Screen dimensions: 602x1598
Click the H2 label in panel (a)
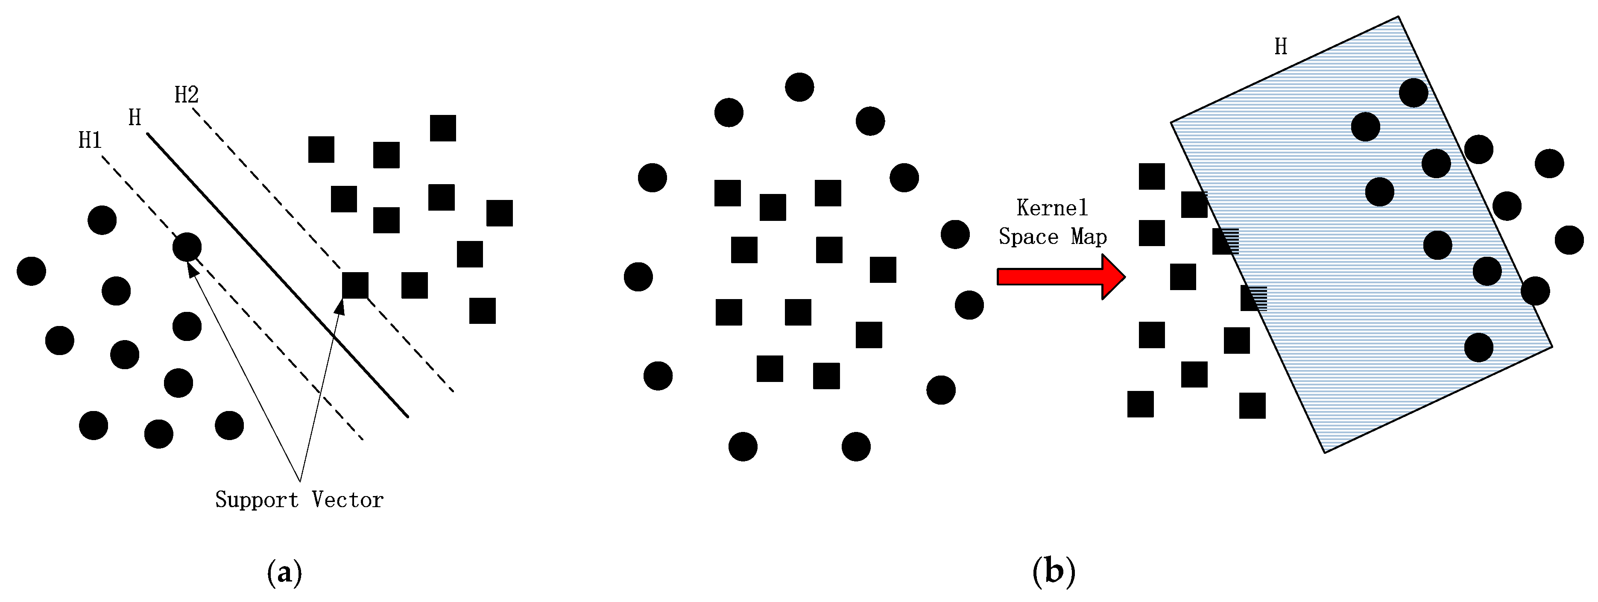coord(186,95)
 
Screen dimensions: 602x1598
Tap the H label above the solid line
coord(135,117)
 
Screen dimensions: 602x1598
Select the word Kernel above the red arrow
coord(1052,208)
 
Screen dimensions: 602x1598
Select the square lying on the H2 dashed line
coord(355,285)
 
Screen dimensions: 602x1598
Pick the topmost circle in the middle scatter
coord(799,87)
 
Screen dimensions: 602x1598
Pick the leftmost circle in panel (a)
coord(32,271)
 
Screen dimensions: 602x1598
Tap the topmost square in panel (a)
coord(443,128)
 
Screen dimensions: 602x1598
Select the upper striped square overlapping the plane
coord(1225,241)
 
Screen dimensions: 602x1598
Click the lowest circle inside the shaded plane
coord(1479,347)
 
